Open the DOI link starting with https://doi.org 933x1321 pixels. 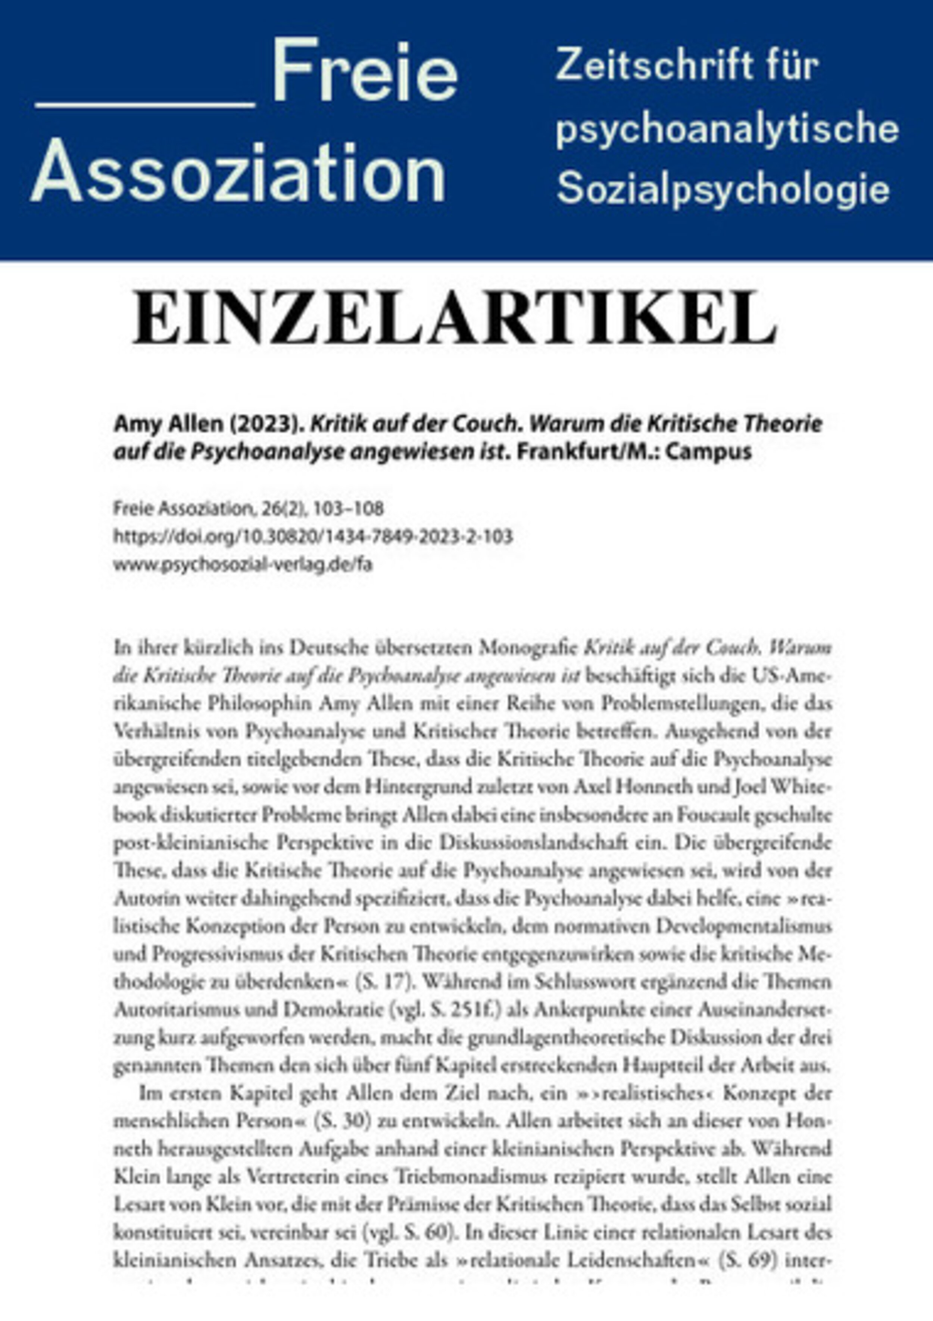pos(313,537)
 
